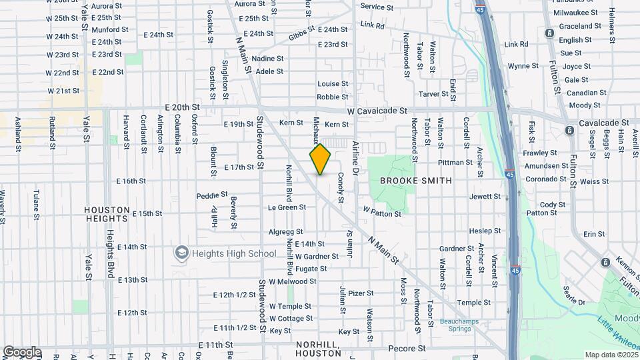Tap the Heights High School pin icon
pyautogui.click(x=181, y=253)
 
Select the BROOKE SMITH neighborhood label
pyautogui.click(x=415, y=181)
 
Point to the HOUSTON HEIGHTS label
pyautogui.click(x=107, y=214)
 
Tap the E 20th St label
pyautogui.click(x=181, y=107)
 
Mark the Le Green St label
pyautogui.click(x=287, y=207)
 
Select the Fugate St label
pyautogui.click(x=311, y=269)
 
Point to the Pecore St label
pyautogui.click(x=407, y=348)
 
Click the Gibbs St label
pyautogui.click(x=301, y=34)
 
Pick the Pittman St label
pyautogui.click(x=455, y=163)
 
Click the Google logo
pyautogui.click(x=21, y=352)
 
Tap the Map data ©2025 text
pyautogui.click(x=610, y=355)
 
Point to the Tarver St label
pyautogui.click(x=433, y=94)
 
